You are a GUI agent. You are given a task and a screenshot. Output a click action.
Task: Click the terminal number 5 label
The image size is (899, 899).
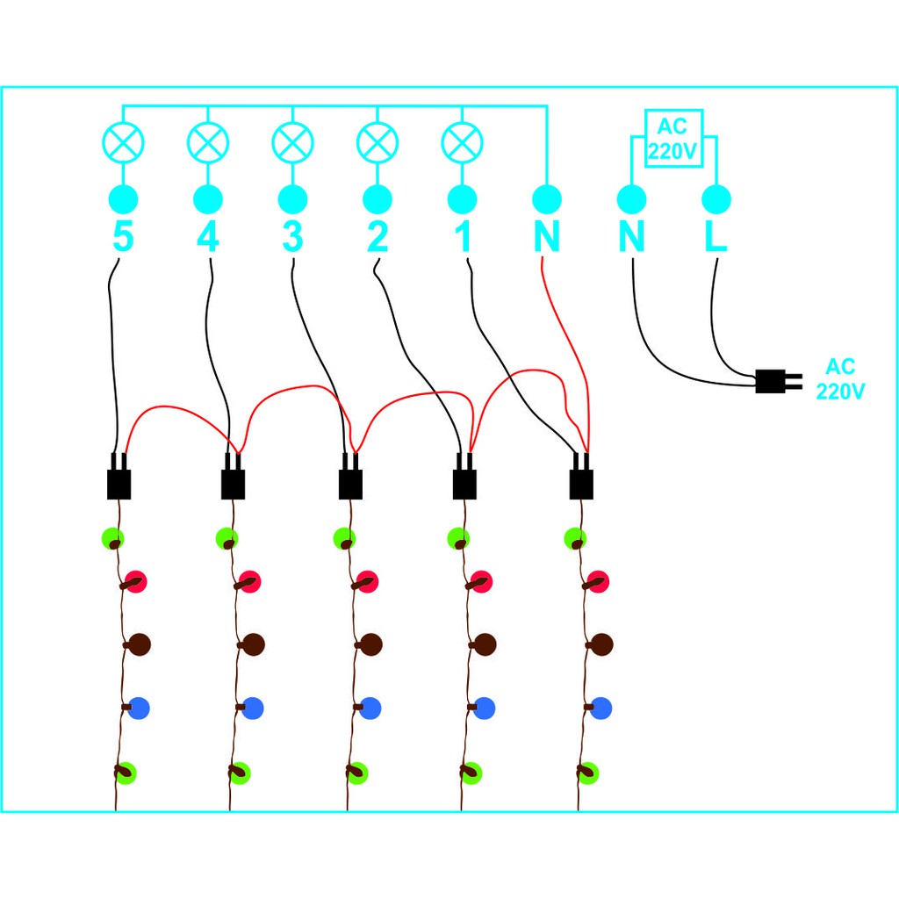123,237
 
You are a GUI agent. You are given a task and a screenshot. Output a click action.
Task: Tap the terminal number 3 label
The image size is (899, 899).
292,237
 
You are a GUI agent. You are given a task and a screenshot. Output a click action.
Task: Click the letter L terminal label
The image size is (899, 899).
716,237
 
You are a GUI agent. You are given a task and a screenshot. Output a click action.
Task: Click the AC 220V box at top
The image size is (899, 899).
673,138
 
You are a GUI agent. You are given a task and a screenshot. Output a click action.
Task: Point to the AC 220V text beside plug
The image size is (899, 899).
840,379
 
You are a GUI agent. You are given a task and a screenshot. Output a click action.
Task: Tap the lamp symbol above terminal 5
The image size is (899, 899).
123,141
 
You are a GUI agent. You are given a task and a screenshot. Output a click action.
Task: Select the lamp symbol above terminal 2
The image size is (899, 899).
378,141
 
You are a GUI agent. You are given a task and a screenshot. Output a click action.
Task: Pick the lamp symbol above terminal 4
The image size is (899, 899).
208,141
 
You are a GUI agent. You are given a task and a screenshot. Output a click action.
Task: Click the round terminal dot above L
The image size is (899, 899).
716,199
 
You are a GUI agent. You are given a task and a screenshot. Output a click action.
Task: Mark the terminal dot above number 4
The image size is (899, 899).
208,199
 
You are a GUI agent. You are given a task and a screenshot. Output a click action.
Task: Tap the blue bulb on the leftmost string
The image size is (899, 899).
139,707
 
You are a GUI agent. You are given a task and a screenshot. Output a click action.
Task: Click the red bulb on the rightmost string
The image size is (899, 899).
600,580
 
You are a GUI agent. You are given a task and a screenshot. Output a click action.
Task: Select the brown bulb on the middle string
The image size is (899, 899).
370,644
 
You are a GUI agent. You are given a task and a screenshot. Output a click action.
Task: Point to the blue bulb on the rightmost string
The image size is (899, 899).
601,707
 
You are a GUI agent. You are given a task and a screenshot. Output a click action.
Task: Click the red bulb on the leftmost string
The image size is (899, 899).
135,580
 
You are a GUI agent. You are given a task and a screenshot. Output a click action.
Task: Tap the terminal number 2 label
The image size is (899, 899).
378,237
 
